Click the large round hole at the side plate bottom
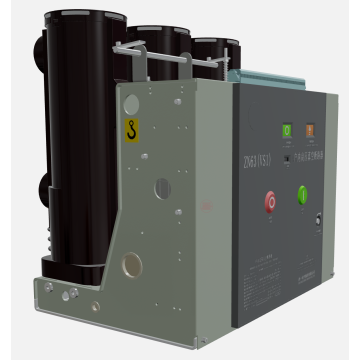click(x=131, y=265)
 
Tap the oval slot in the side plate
click(x=162, y=188)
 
